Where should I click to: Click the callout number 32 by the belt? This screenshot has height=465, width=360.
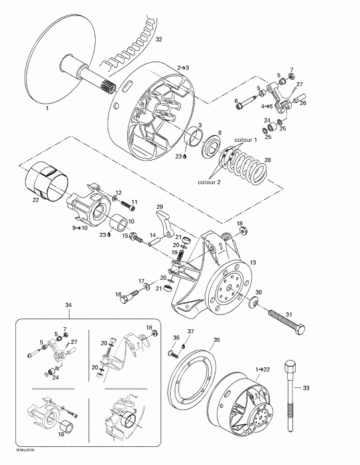159,40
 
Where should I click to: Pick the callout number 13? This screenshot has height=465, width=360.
252,244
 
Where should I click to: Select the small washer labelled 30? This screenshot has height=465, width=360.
254,305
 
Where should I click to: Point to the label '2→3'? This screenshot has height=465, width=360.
183,68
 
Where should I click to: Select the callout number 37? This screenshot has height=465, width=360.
190,333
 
